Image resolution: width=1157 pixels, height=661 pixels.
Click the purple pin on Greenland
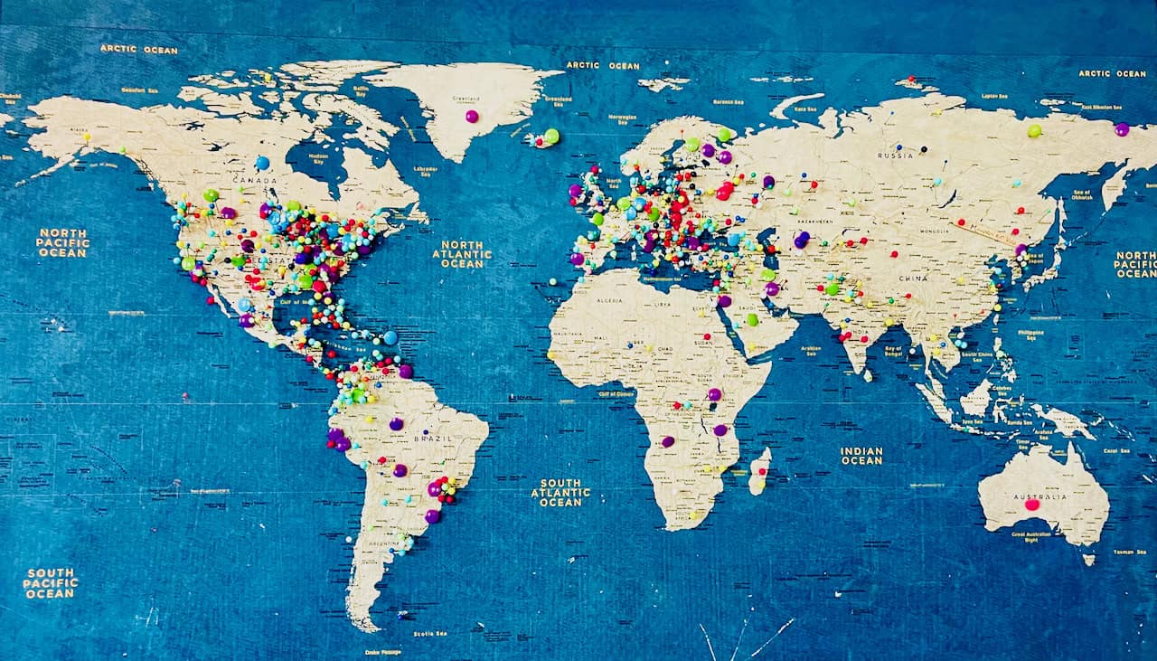click(471, 117)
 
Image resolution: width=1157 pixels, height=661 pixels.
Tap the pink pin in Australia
click(1032, 505)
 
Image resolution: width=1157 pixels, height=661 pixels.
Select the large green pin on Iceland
click(551, 136)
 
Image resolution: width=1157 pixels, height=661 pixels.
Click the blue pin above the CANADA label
click(262, 163)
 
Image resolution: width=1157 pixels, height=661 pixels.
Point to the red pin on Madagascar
click(761, 472)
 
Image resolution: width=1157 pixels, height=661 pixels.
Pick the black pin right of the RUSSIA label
click(924, 148)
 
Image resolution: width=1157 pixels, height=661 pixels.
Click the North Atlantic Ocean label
click(462, 253)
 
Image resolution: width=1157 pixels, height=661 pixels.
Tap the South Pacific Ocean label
click(51, 583)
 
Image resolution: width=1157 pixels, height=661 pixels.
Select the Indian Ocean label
click(861, 456)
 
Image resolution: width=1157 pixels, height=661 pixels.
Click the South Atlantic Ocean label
click(560, 492)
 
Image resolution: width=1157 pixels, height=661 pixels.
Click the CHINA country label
click(913, 279)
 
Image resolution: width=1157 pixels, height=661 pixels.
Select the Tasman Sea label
click(1129, 552)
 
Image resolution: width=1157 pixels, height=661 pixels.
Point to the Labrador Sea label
click(425, 169)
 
